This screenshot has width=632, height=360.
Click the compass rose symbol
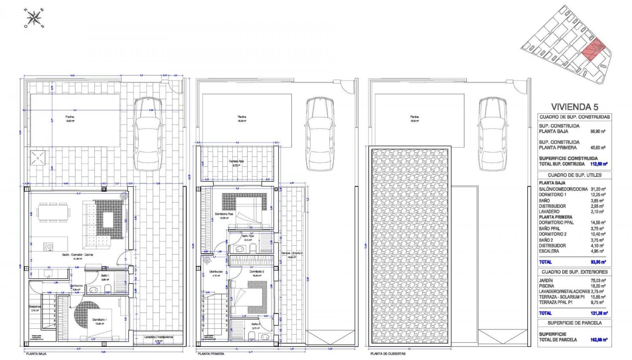(34, 18)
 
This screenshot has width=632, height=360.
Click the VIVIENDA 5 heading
(574, 107)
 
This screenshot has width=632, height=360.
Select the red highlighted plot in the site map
(594, 50)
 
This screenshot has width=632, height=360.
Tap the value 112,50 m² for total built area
(599, 164)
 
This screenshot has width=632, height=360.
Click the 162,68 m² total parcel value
(599, 340)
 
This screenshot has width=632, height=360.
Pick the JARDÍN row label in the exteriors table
(546, 281)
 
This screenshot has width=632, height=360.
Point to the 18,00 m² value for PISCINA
(598, 286)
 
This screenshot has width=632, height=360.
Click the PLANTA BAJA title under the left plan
(36, 354)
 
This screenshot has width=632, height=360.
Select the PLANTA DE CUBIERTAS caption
(387, 354)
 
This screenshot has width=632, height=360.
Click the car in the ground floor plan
(148, 134)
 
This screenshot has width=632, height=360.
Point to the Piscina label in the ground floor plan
(70, 117)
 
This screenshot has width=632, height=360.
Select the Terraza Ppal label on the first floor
(236, 161)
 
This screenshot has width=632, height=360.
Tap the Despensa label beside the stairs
(35, 307)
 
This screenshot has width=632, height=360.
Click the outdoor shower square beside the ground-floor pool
(38, 158)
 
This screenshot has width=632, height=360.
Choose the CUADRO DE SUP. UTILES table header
(574, 175)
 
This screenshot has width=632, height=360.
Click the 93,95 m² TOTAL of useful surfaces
(598, 262)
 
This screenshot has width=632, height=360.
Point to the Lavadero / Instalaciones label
(158, 337)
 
